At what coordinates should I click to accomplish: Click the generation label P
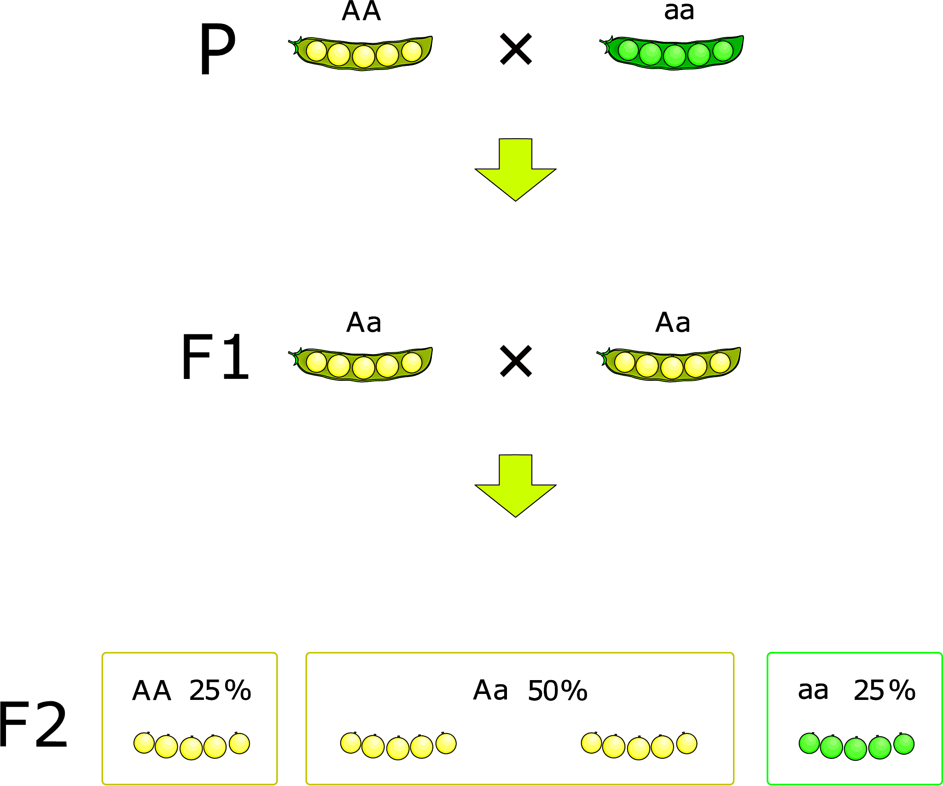click(x=217, y=49)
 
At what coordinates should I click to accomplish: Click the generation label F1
click(x=215, y=357)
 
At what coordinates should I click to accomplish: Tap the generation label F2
click(x=33, y=725)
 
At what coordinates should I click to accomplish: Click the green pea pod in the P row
click(x=672, y=52)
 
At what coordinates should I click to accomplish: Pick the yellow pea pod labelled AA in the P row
click(x=362, y=53)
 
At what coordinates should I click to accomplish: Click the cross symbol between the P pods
click(x=516, y=49)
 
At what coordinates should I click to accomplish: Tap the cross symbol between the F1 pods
click(x=516, y=361)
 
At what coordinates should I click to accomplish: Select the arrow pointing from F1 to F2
click(x=515, y=485)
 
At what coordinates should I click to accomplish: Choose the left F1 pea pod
click(x=362, y=364)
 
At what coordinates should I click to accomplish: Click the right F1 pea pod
click(x=670, y=364)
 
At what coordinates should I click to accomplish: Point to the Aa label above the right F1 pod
click(x=673, y=322)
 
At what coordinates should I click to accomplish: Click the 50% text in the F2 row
click(x=558, y=691)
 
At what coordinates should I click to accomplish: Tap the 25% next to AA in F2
click(x=220, y=690)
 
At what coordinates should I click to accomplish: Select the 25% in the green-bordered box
click(x=884, y=690)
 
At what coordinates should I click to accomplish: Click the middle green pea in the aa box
click(x=856, y=748)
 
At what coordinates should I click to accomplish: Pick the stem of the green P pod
click(x=604, y=44)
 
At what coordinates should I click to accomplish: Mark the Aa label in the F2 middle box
click(x=490, y=691)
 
